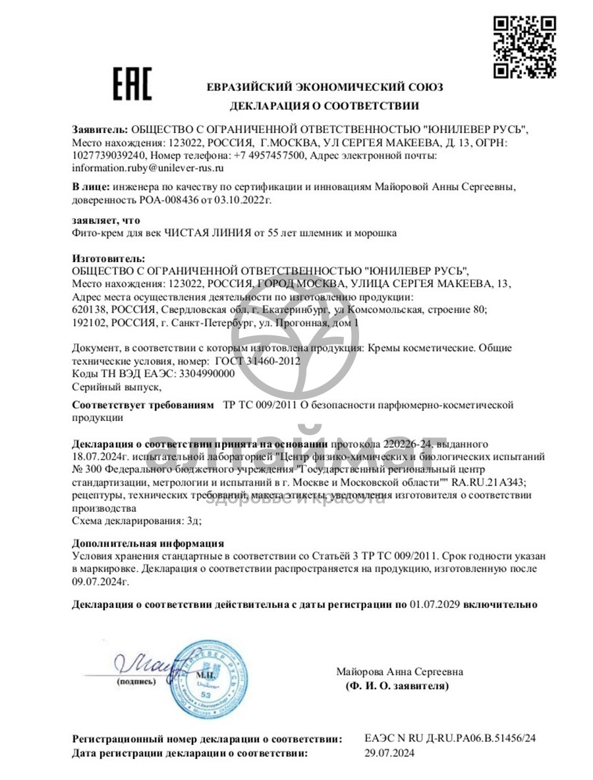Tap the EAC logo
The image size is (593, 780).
pos(132,84)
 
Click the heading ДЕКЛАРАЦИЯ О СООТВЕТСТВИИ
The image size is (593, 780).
pos(324,105)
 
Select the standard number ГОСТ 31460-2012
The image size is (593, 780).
pos(258,360)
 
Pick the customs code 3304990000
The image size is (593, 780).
pos(198,373)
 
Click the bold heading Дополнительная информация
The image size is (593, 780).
pos(148,543)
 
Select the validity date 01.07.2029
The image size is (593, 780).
pos(435,603)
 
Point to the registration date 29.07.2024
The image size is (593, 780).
pos(390,752)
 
